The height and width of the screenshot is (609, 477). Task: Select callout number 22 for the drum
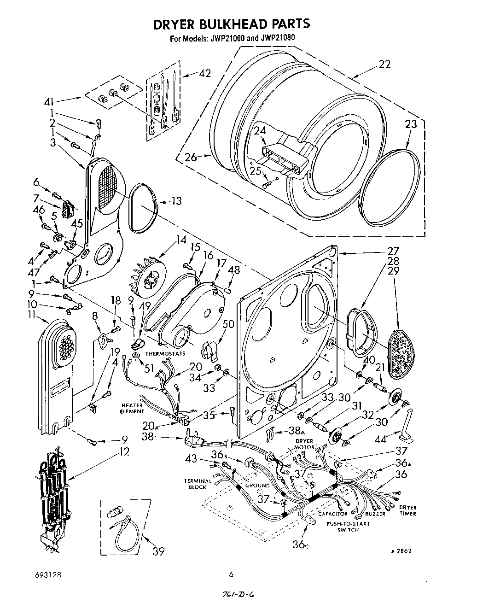point(384,64)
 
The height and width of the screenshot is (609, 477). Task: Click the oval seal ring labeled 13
point(143,206)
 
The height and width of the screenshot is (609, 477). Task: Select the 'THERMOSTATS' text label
point(165,354)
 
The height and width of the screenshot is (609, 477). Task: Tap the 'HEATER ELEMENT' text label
point(133,408)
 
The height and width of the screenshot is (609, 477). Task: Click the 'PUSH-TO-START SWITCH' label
point(348,527)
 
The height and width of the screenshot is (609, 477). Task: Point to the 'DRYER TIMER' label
point(407,510)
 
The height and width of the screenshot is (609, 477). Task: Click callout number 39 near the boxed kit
point(158,550)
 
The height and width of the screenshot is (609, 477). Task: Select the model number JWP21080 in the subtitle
point(275,38)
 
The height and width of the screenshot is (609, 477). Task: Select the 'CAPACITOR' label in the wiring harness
point(332,514)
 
